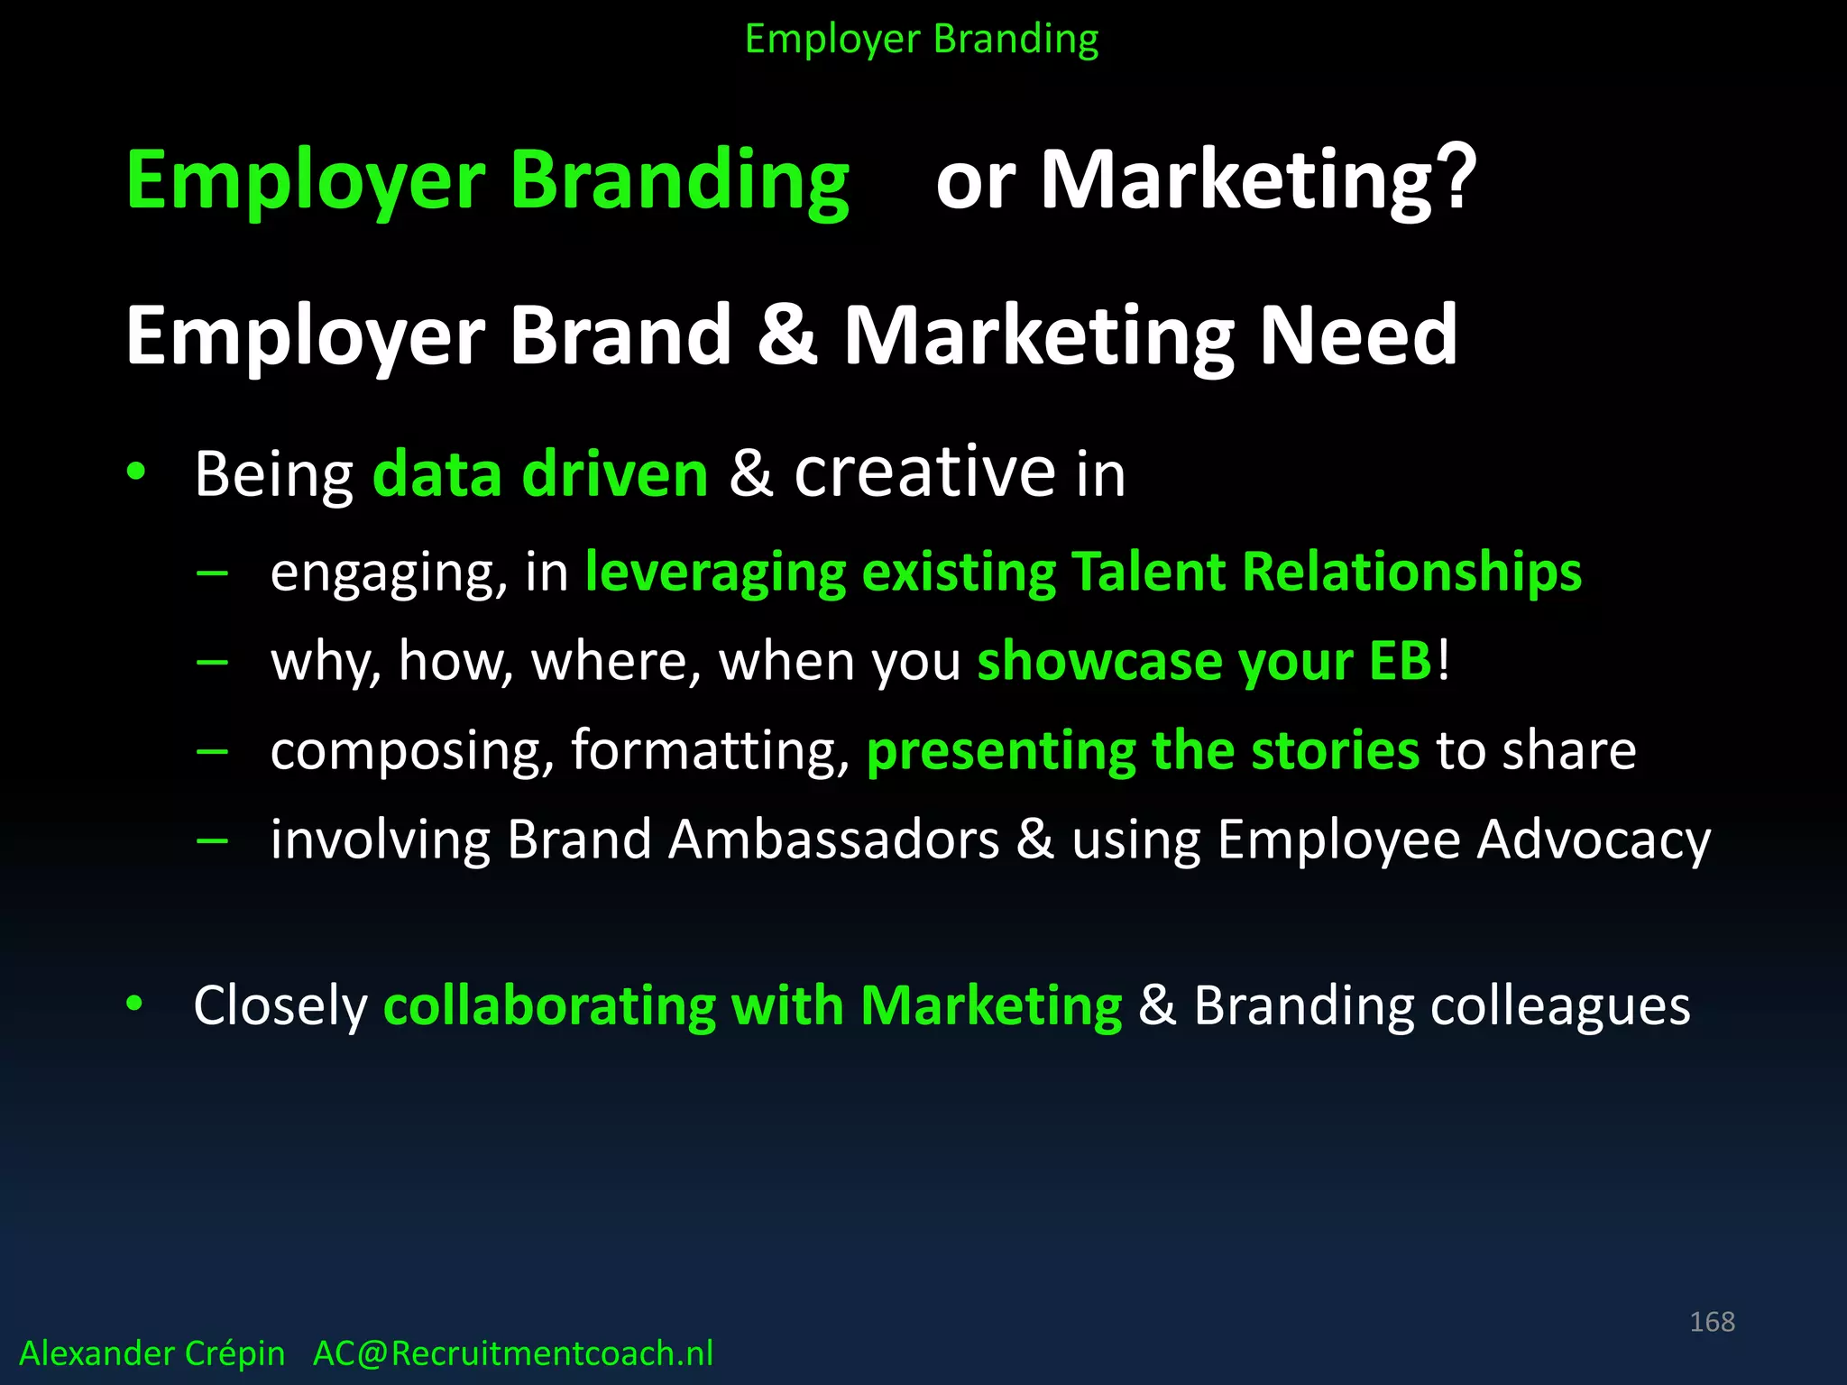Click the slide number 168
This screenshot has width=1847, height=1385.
[x=1712, y=1322]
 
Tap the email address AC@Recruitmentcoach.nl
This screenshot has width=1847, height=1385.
[x=512, y=1353]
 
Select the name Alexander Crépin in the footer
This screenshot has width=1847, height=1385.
[x=152, y=1353]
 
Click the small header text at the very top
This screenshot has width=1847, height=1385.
[x=922, y=40]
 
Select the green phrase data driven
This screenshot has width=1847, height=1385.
[x=540, y=474]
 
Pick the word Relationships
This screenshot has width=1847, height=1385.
[x=1411, y=572]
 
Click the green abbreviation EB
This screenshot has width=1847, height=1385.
[x=1400, y=661]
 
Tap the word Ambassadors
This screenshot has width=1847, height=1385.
[x=833, y=839]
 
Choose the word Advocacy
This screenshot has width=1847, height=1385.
[x=1594, y=839]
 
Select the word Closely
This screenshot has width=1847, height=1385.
[x=280, y=1005]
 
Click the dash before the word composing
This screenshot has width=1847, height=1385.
[x=212, y=750]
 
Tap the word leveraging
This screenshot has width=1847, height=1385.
[x=715, y=573]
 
